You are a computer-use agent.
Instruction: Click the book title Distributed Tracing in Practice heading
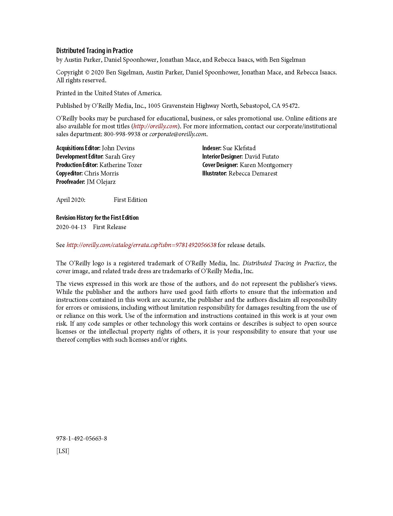click(94, 51)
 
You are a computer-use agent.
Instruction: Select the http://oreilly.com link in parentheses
click(155, 126)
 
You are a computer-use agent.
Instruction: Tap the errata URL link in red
click(141, 245)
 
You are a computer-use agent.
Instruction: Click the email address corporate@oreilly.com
click(178, 134)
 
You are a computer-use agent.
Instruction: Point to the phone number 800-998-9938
click(122, 134)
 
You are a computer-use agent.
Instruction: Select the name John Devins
click(118, 148)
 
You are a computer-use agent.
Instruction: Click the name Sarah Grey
click(120, 157)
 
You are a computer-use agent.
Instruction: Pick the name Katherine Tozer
click(121, 165)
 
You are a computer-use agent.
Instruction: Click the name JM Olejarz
click(101, 182)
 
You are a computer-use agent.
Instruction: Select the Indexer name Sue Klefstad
click(239, 148)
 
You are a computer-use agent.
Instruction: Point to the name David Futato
click(262, 157)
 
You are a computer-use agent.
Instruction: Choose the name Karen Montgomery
click(266, 165)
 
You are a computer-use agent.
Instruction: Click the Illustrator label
click(214, 173)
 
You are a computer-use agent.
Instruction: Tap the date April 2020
click(71, 200)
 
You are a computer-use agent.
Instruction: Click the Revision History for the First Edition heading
click(97, 218)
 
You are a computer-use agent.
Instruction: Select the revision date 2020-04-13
click(71, 227)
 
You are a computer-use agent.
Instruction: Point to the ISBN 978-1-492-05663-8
click(81, 439)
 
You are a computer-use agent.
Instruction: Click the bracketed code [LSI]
click(63, 451)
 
